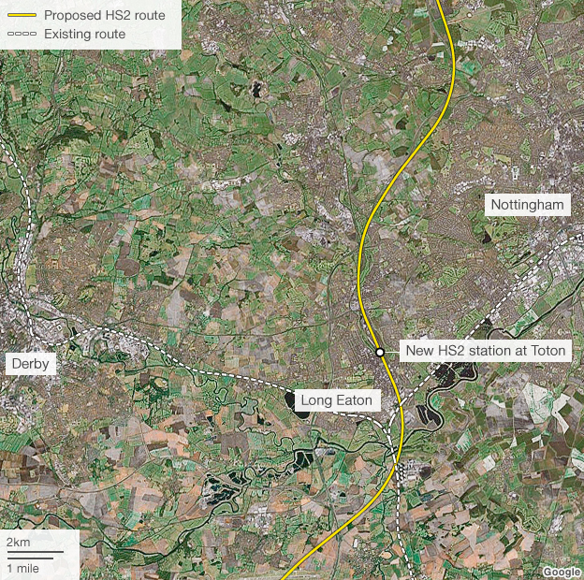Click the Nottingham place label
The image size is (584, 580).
(528, 205)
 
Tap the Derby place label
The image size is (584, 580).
(31, 363)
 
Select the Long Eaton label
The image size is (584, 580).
(336, 401)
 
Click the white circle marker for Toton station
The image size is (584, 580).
(380, 353)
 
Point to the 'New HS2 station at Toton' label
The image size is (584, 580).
(486, 351)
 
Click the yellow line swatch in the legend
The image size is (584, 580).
(21, 15)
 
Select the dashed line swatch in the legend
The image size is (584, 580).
(21, 35)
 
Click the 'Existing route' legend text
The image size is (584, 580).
(84, 35)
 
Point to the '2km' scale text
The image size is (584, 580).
(18, 543)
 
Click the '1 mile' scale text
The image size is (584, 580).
(22, 568)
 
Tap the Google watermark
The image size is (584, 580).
(561, 573)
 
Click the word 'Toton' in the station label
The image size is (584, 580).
(547, 351)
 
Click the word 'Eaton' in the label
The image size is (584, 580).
(354, 401)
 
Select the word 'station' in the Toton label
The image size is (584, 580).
(492, 351)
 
